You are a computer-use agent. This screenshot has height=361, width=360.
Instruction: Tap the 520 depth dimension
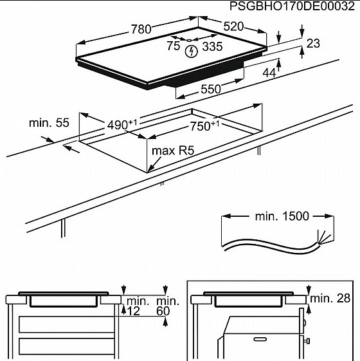(233, 27)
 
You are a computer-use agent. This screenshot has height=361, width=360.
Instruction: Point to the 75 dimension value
(173, 46)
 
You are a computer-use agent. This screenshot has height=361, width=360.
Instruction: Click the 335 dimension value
(212, 46)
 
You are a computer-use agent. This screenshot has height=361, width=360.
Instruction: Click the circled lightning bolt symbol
(191, 51)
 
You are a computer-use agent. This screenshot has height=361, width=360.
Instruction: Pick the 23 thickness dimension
(312, 44)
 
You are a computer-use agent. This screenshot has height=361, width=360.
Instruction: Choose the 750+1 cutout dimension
(205, 126)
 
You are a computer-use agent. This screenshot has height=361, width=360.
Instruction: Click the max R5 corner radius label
(172, 151)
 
